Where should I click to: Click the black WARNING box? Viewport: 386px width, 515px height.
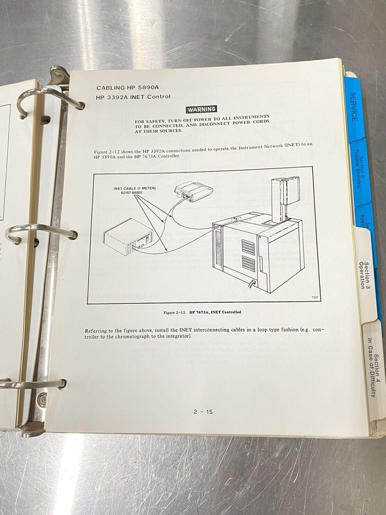coord(201,109)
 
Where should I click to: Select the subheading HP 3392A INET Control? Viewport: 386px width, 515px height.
coord(133,97)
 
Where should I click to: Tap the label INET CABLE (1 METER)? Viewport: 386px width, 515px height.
coord(134,188)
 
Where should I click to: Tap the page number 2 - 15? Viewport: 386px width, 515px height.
coord(203,411)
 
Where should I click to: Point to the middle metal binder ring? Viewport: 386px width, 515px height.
coord(41,231)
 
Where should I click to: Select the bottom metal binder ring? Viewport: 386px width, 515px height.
coord(33,384)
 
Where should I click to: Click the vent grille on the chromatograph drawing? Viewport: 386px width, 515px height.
coord(249,255)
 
